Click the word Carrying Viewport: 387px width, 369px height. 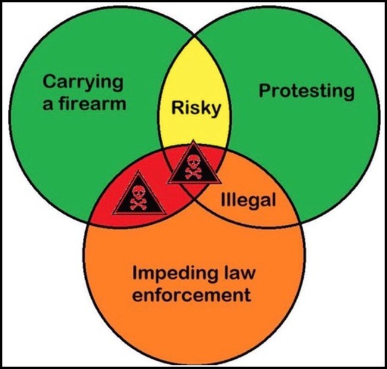tap(83, 83)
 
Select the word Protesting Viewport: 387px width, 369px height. tap(307, 92)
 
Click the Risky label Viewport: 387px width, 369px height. tap(196, 108)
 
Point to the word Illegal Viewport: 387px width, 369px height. tap(248, 200)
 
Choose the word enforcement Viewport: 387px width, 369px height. tap(192, 294)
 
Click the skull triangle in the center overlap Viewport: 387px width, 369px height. tap(194, 163)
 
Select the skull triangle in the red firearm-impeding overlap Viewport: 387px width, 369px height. tap(139, 194)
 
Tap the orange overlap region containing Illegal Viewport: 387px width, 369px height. tap(249, 196)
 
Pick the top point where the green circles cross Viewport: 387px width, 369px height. tap(195, 37)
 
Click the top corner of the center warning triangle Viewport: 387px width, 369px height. tap(194, 140)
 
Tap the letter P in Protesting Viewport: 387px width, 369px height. tap(265, 91)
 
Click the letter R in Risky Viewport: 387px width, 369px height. tap(177, 107)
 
